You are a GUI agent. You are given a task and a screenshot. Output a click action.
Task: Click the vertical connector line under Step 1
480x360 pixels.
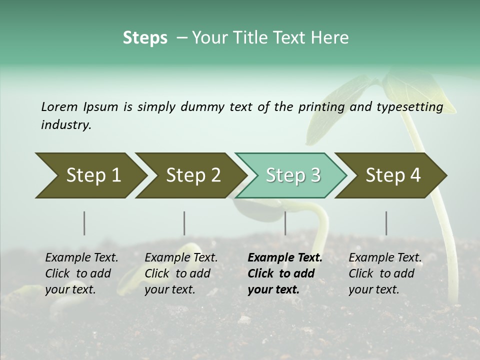[x=84, y=223]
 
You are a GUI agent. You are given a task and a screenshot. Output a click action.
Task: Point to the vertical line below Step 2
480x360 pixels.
[x=184, y=223]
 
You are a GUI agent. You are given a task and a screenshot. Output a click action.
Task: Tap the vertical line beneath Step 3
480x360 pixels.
[x=285, y=223]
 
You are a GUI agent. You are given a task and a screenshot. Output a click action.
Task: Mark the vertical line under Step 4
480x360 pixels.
[x=386, y=223]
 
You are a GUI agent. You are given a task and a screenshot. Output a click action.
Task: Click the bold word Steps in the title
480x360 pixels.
[x=145, y=38]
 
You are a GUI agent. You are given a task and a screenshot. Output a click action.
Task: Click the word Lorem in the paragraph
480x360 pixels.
[x=59, y=106]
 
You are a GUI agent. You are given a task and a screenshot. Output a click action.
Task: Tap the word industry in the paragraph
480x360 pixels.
[x=65, y=125]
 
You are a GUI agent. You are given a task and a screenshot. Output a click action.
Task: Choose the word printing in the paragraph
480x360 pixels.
[x=321, y=106]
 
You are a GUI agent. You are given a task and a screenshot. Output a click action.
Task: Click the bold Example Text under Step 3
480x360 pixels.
[x=285, y=258]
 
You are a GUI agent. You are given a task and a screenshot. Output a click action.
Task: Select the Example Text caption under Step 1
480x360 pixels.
[x=81, y=258]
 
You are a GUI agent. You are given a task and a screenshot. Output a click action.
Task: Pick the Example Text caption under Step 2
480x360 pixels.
[x=181, y=258]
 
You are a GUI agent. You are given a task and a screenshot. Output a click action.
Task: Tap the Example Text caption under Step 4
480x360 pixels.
[x=385, y=258]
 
